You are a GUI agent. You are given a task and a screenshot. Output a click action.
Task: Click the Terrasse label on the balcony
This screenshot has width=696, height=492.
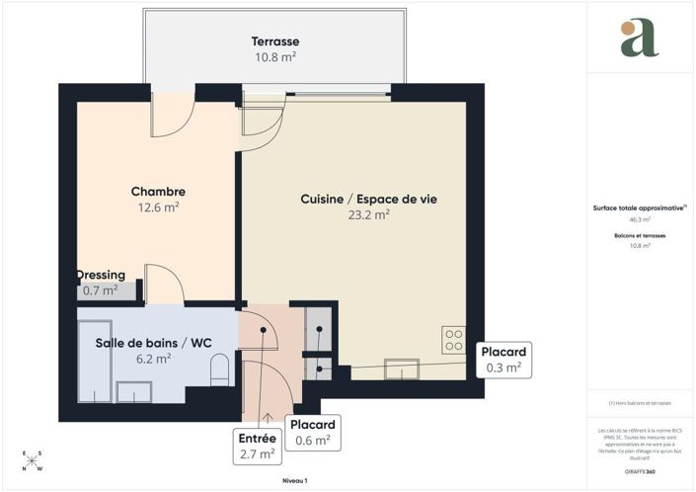tap(274, 41)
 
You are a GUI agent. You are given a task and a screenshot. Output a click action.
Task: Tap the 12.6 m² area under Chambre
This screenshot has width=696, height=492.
tap(158, 207)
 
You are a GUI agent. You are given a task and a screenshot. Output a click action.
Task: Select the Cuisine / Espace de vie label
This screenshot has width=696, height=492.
tap(368, 199)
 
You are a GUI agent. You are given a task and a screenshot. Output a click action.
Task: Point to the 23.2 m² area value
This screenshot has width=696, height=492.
tap(368, 214)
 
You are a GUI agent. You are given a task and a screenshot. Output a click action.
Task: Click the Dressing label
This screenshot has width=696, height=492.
tap(101, 275)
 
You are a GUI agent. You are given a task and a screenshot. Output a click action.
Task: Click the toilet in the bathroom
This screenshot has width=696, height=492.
tap(221, 370)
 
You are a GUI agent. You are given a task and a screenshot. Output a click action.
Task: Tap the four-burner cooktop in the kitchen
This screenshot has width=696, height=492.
tap(454, 340)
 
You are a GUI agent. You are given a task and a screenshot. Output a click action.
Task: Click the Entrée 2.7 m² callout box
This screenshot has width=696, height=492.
tap(258, 446)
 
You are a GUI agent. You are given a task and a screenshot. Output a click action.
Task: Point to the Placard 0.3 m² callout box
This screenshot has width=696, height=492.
tap(503, 360)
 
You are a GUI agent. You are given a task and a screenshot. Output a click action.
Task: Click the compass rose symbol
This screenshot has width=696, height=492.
tap(33, 461)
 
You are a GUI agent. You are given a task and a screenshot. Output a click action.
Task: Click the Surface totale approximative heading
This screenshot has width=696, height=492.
tap(639, 208)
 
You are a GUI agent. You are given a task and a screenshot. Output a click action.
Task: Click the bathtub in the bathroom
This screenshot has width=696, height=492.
tap(95, 361)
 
